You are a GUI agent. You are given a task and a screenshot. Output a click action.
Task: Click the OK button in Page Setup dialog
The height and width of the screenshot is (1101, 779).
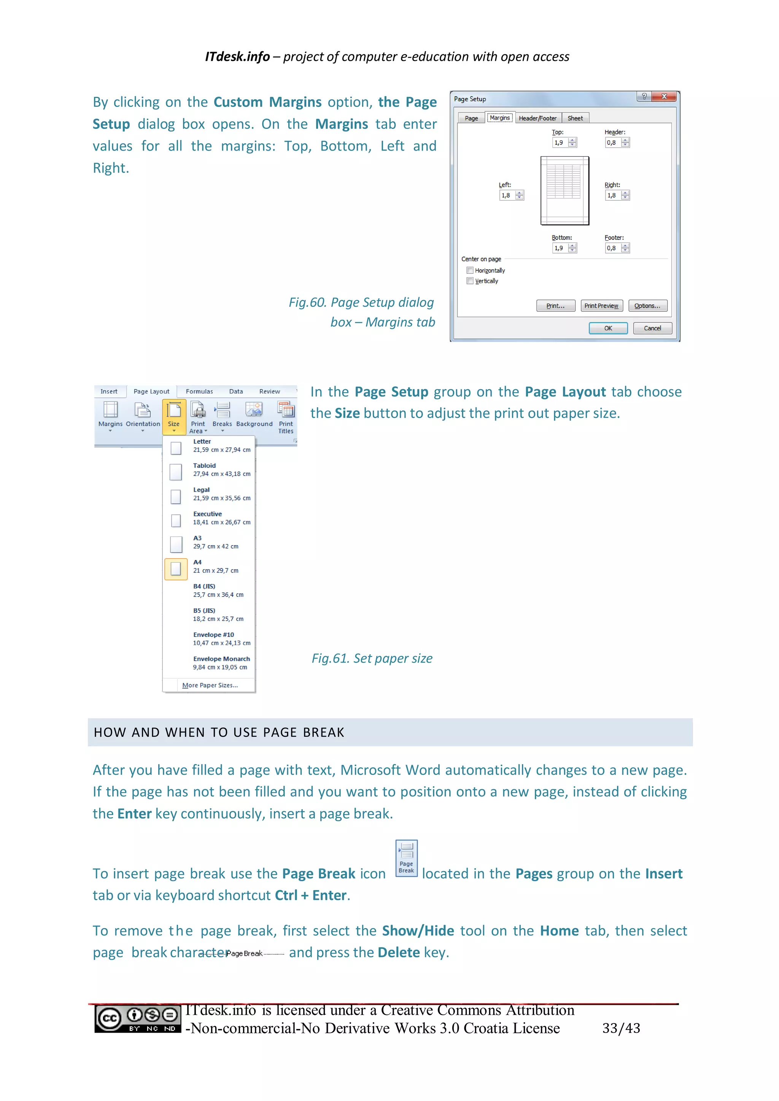(608, 328)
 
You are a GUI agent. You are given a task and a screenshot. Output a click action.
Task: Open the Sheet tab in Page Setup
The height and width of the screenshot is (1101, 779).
(575, 118)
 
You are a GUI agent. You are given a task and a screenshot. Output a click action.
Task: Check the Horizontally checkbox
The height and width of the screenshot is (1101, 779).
(470, 270)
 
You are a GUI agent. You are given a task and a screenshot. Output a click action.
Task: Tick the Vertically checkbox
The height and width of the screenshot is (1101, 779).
(470, 281)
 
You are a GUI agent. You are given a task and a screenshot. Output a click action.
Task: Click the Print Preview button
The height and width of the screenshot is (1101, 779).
(601, 306)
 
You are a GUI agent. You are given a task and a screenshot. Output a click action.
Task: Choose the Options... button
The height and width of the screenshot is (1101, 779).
(647, 306)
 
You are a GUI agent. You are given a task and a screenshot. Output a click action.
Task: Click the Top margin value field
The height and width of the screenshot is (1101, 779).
(559, 143)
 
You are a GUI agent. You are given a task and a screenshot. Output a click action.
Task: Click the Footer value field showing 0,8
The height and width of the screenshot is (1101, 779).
(612, 248)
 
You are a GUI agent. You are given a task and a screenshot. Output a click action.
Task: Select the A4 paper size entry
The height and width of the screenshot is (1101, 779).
(209, 566)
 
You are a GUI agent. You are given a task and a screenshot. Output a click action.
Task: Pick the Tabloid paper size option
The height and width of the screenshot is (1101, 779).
(209, 470)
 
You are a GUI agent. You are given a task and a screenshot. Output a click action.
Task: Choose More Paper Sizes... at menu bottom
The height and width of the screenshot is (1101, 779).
(210, 685)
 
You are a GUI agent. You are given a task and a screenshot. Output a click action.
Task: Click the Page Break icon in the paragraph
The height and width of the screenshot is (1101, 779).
(406, 858)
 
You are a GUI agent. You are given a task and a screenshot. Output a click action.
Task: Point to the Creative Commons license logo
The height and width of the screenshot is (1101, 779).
(138, 1019)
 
